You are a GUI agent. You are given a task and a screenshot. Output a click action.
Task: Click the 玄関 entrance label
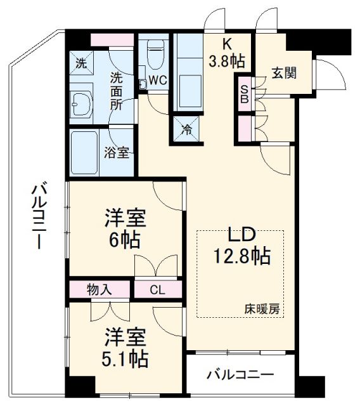(x=285, y=72)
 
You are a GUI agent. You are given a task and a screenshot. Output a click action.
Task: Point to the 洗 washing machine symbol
(x=81, y=63)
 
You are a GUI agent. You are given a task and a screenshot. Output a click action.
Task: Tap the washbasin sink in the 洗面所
(x=81, y=104)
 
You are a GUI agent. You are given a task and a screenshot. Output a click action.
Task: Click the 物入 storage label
(x=100, y=289)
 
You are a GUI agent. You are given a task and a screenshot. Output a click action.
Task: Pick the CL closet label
(x=157, y=290)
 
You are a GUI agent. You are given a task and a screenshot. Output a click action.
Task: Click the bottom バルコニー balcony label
(x=241, y=375)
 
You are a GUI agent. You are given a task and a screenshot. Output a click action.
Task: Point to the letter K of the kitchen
(x=227, y=44)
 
